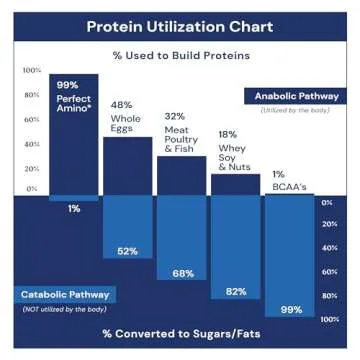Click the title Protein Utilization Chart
click(180, 25)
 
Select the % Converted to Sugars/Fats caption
click(181, 332)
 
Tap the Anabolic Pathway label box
click(295, 96)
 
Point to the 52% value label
click(127, 251)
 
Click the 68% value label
click(182, 273)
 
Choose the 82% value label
click(236, 291)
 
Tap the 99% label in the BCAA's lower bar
click(290, 310)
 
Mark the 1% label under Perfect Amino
click(74, 209)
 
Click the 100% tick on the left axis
click(32, 71)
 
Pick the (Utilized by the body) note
click(295, 110)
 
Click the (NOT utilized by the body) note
click(65, 310)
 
